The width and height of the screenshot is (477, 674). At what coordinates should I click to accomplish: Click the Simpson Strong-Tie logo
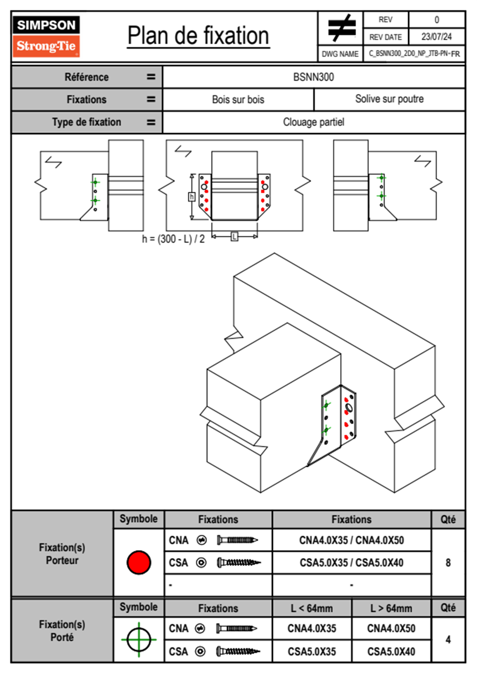click(46, 36)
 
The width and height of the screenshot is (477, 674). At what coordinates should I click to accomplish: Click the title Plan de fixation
click(198, 36)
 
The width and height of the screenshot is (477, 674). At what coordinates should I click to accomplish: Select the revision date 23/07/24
click(436, 37)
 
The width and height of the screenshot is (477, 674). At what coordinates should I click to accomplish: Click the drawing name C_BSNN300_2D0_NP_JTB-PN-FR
click(414, 54)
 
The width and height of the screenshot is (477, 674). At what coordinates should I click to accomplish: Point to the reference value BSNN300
click(313, 77)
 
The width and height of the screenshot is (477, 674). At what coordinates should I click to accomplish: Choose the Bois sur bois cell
click(238, 99)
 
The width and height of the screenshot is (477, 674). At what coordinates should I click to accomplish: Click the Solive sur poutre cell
click(389, 99)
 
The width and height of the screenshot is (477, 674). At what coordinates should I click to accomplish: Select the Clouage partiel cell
click(313, 122)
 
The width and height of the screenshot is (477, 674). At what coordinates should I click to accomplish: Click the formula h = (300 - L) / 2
click(173, 239)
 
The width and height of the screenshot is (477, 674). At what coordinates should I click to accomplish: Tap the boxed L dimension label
click(234, 236)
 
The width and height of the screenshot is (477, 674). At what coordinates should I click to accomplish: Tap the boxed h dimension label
click(192, 197)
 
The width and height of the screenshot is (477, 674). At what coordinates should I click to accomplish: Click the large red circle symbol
click(139, 562)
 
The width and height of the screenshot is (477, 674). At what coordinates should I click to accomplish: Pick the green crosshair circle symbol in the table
click(139, 640)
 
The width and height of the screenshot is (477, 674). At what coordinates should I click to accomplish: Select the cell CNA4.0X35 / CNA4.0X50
click(352, 540)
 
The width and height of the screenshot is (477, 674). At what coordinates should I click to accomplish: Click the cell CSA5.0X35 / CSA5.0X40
click(352, 563)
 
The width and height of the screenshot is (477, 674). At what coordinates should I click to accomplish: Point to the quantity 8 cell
click(448, 563)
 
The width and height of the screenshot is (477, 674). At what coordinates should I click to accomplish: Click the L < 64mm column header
click(312, 608)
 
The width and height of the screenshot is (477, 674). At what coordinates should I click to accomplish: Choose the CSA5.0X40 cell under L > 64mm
click(391, 652)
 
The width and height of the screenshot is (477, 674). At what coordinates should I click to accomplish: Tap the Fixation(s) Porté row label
click(62, 631)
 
